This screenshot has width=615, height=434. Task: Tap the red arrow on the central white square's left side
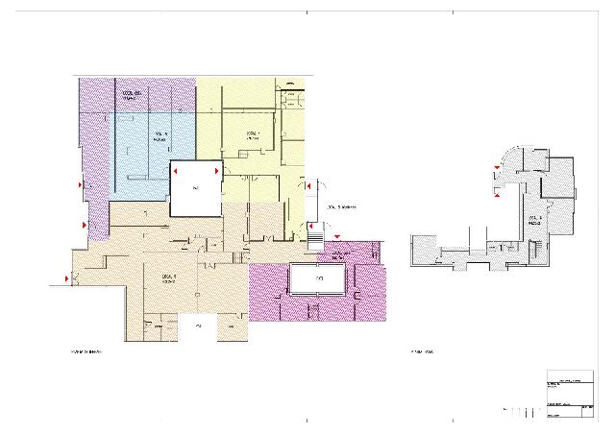173,172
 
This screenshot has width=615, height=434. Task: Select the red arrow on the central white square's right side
218,172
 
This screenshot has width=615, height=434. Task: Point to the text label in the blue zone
160,137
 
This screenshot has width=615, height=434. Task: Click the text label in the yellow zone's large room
254,135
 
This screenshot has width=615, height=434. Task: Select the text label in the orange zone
168,279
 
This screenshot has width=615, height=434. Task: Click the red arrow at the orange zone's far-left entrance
66,278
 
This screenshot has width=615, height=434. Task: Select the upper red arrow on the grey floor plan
497,169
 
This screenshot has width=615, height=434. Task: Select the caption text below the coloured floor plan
86,351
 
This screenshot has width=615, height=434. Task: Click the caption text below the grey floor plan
423,351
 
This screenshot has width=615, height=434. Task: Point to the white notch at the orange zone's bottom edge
198,327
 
